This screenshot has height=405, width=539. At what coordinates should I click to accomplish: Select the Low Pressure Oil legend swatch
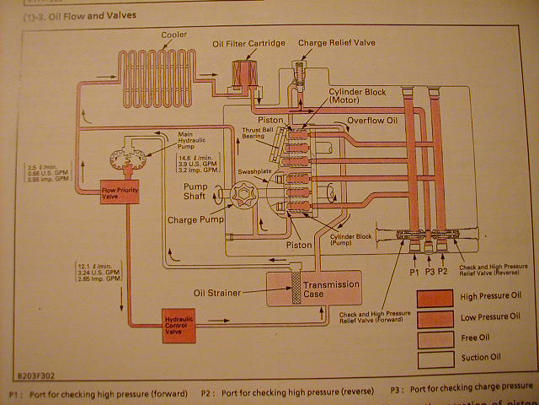click(x=433, y=316)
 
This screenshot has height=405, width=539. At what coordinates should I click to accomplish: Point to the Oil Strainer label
click(x=218, y=293)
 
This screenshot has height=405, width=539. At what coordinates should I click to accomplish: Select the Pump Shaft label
click(x=202, y=192)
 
